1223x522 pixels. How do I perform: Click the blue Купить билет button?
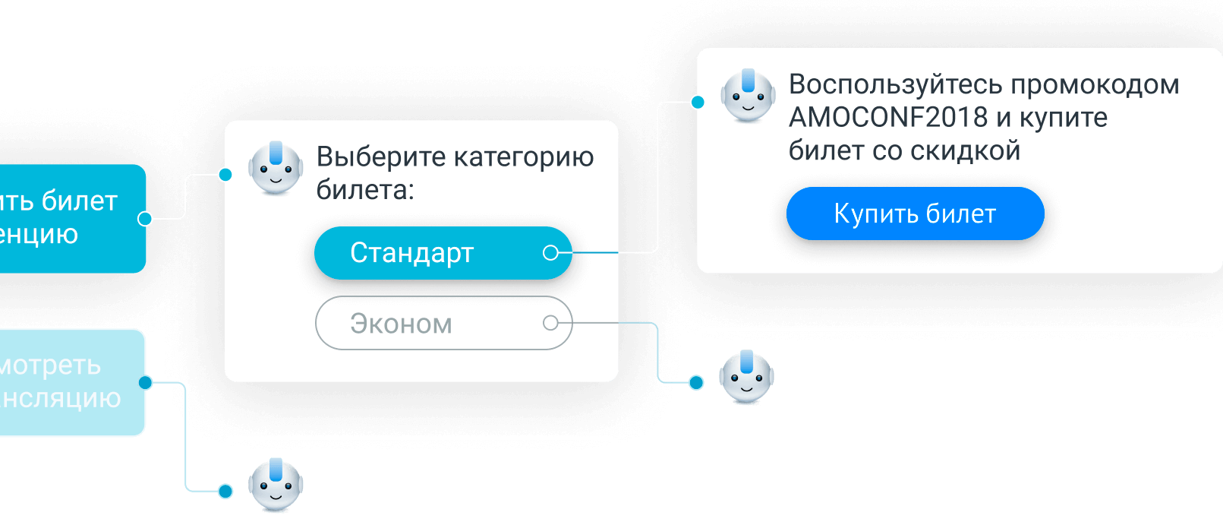tap(915, 214)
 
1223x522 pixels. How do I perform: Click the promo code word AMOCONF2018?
tap(888, 118)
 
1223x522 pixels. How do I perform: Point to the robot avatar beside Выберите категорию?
tap(276, 168)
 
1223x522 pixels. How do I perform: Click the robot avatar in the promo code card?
tap(748, 96)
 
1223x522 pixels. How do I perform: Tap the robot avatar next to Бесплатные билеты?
tap(746, 378)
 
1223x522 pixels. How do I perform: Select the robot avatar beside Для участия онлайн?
tap(276, 486)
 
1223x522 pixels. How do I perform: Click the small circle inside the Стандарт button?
tap(551, 253)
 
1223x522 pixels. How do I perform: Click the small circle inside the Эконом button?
tap(551, 324)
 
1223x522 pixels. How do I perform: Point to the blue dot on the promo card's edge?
tap(697, 102)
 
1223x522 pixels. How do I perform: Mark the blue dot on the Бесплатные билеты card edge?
tap(696, 382)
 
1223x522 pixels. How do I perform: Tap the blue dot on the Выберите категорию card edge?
tap(225, 175)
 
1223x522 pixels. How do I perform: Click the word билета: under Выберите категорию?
tap(365, 190)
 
